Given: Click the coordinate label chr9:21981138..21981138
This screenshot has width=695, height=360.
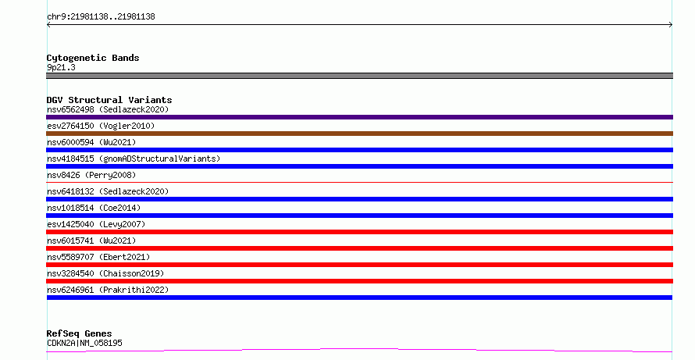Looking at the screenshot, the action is pos(101,17).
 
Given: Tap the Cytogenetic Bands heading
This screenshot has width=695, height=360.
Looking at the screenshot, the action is pos(93,58).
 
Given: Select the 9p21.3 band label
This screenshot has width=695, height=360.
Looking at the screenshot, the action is pos(61,67).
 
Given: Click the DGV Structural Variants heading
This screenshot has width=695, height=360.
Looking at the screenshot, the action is pos(109,100).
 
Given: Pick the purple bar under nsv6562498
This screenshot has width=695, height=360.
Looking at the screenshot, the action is pos(359,117).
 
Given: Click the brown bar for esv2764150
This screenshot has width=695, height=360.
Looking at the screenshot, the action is pos(359,134).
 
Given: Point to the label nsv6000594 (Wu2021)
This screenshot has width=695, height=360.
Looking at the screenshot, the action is pos(91,142).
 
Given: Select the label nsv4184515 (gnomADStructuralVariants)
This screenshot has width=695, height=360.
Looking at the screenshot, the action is pos(134,159).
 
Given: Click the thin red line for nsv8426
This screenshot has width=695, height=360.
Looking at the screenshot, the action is pos(359,182).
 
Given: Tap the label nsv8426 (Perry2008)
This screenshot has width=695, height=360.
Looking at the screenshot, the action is pos(91,175).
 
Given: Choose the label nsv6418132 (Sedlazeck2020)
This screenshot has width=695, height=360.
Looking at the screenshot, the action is pos(108,191).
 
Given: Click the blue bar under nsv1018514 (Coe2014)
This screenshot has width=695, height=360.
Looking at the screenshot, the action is pos(359,216).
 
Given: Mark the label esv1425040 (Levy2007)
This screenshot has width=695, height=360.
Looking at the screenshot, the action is pos(96,224).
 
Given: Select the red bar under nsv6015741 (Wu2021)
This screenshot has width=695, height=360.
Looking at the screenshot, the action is pos(359,248).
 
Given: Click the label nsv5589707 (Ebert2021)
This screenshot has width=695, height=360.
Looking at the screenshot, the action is pos(98,257).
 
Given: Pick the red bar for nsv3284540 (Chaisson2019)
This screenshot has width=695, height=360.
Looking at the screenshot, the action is pos(359,281).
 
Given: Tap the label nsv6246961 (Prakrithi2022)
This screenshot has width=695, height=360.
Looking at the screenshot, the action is pos(108,290).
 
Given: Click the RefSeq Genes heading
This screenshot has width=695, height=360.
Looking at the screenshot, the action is pos(79,333).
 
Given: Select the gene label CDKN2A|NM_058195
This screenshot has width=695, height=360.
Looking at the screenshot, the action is pos(84,343).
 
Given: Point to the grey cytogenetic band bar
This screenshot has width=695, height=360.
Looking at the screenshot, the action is pos(359,76).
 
